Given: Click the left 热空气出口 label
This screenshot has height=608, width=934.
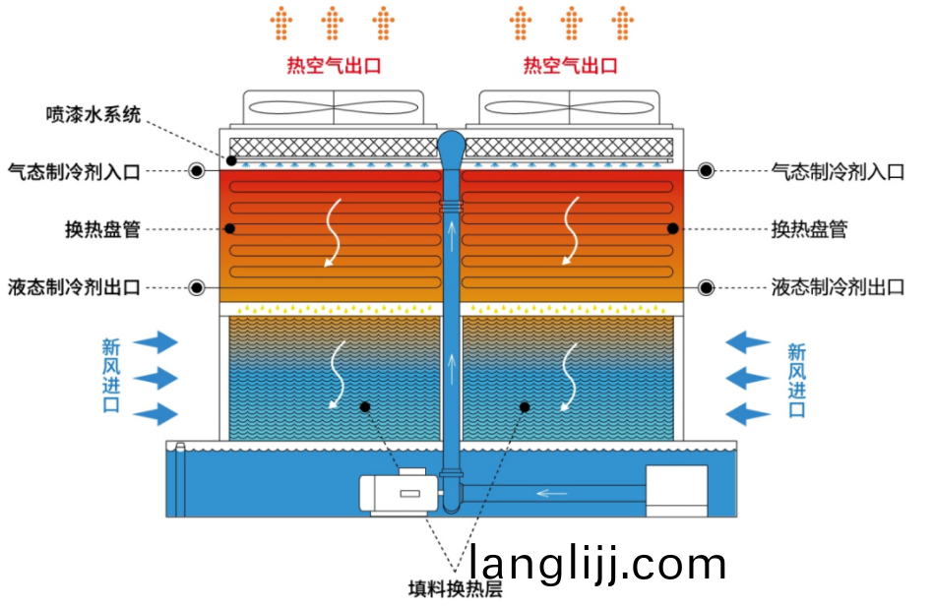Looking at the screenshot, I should click(x=334, y=66).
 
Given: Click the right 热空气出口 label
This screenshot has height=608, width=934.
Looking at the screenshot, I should click(x=571, y=66).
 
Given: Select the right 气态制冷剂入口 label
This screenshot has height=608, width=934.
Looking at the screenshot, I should click(x=838, y=171).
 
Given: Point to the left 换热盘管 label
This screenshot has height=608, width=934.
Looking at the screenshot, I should click(x=102, y=229).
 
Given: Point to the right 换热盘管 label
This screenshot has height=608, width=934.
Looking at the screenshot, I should click(x=809, y=229).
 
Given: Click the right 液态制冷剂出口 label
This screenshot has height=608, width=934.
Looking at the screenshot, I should click(x=838, y=287).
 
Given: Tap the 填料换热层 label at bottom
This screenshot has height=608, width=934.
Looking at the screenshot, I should click(x=456, y=589).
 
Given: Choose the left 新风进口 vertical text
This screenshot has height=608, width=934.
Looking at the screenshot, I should click(x=110, y=376).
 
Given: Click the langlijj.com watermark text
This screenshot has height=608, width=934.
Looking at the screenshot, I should click(x=597, y=564).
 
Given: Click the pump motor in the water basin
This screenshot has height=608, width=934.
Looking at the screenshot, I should click(x=394, y=491).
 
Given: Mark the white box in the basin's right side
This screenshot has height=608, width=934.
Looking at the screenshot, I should click(x=676, y=489).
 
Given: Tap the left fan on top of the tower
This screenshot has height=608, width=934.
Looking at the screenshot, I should click(x=334, y=107).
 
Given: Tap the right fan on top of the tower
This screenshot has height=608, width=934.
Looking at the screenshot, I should click(x=570, y=107).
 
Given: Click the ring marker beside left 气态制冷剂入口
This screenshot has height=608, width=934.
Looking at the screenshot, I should click(x=197, y=171).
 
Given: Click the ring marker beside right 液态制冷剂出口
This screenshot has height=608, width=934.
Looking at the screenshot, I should click(x=706, y=287).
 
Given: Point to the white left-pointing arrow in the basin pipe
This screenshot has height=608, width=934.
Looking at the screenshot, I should click(x=552, y=492).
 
